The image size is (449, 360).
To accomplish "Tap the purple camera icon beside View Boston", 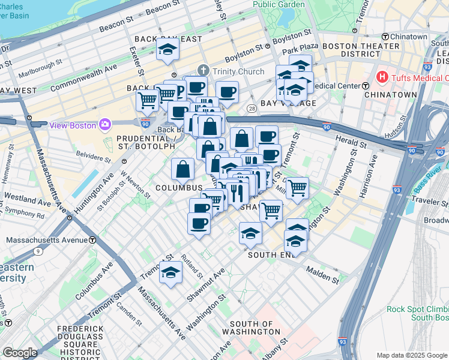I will click(x=106, y=124).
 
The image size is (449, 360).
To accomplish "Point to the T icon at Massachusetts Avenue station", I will click(x=93, y=240).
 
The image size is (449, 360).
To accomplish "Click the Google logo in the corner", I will click(x=20, y=353).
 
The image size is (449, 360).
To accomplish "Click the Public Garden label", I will click(x=279, y=4).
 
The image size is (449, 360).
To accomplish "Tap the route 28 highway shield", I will click(x=252, y=108).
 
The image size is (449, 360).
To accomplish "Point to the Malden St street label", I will click(x=324, y=275).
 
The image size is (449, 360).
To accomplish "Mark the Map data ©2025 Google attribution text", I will click(x=411, y=355).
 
